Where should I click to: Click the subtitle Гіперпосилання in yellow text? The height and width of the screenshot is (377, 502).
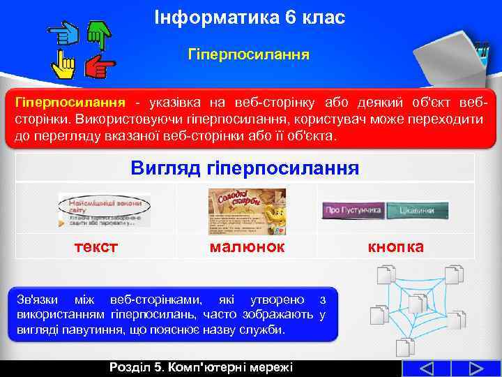(249, 54)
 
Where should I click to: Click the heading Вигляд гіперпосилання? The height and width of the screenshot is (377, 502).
(245, 168)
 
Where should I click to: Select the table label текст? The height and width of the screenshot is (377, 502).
(96, 246)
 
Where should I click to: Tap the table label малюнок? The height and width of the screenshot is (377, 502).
(247, 246)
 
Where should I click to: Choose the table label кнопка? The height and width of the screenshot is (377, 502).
(395, 246)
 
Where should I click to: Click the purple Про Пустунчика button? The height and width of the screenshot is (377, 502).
(353, 209)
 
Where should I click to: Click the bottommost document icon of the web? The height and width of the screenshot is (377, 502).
(405, 348)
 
